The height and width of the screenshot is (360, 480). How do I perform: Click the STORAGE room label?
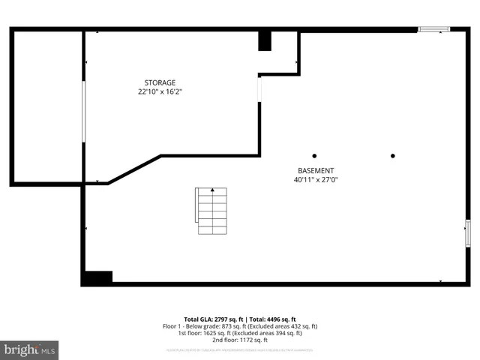tap(160, 82)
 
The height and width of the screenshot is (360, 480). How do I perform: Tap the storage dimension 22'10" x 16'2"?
tap(160, 91)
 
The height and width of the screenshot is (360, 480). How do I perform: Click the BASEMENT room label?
tap(316, 170)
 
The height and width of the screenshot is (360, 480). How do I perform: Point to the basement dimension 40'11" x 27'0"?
tap(316, 180)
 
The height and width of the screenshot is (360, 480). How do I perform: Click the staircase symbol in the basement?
tap(212, 211)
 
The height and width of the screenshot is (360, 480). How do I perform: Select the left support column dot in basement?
tap(315, 156)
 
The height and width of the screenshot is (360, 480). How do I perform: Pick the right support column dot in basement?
tap(393, 156)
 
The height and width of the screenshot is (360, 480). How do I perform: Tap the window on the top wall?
tap(433, 29)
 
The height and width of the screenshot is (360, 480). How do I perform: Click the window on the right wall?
tap(468, 232)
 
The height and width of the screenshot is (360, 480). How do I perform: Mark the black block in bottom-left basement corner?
tap(97, 277)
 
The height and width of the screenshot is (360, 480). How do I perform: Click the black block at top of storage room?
tap(265, 41)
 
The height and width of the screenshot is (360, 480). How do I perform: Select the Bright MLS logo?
tap(29, 349)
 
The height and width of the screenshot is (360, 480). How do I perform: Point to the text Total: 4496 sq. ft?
tap(272, 319)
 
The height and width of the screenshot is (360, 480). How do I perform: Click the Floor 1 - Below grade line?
tap(240, 326)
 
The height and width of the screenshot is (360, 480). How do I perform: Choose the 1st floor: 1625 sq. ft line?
tap(240, 333)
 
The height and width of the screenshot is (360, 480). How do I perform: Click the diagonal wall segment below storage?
tap(134, 169)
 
